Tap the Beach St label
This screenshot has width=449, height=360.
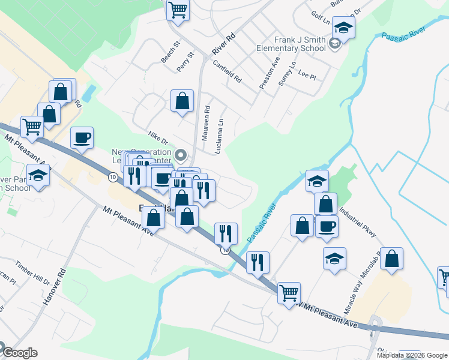coord(170,52)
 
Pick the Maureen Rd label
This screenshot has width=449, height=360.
coord(206,124)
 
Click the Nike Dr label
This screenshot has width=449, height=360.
coord(158,139)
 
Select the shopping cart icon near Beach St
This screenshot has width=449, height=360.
coord(178,10)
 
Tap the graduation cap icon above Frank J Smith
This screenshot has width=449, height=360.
coord(343,28)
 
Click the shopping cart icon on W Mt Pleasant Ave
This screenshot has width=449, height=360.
coord(289,292)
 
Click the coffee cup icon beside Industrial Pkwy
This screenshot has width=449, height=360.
coord(327,226)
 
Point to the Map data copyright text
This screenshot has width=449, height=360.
coord(411,355)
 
